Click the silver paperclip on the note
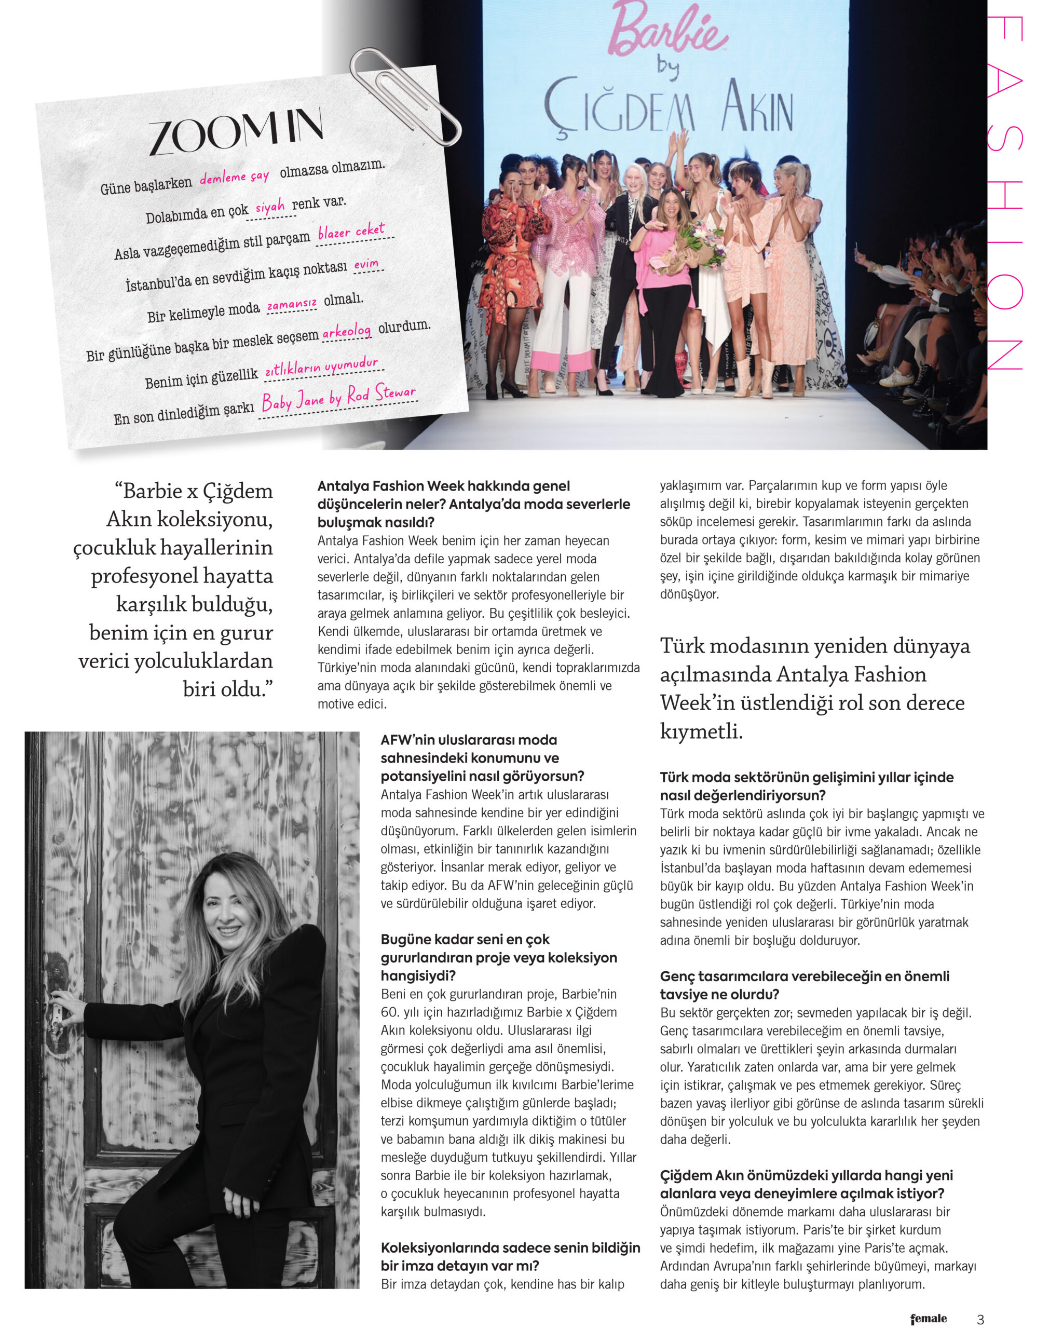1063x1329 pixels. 404,96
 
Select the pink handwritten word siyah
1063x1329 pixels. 269,207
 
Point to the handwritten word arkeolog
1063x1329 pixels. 346,332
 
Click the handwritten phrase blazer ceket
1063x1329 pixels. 351,232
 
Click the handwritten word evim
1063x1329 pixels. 366,264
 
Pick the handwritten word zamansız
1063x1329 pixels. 292,304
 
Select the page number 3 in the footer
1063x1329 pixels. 980,1319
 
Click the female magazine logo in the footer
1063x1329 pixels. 928,1319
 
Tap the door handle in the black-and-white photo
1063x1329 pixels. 56,1011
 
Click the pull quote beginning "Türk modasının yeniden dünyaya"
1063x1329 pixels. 815,688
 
